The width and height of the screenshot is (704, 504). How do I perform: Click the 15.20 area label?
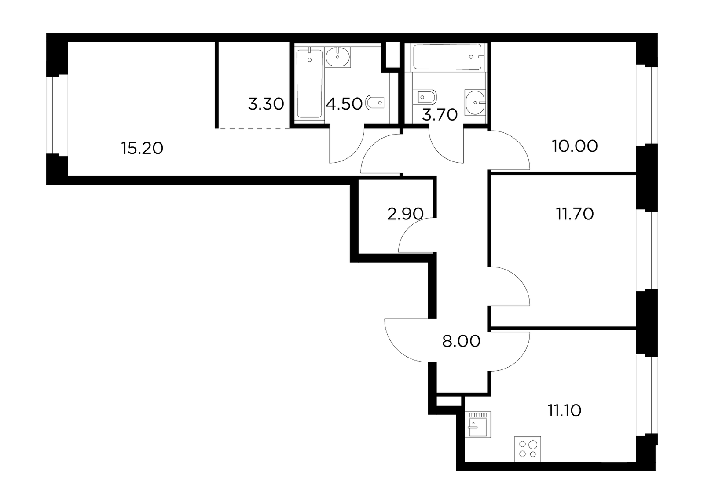click(x=143, y=148)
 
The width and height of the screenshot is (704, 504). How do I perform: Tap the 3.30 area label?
click(x=266, y=104)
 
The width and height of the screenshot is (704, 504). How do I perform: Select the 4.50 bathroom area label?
click(x=344, y=104)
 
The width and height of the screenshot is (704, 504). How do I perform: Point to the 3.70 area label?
click(x=440, y=115)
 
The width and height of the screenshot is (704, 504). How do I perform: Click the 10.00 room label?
click(x=575, y=146)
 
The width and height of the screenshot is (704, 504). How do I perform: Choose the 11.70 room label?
click(x=575, y=214)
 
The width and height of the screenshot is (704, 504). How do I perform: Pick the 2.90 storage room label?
click(x=405, y=214)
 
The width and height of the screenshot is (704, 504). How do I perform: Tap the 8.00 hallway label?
click(x=461, y=341)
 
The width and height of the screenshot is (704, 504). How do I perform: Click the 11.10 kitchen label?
click(x=565, y=410)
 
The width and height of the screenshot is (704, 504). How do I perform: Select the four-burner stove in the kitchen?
click(x=528, y=449)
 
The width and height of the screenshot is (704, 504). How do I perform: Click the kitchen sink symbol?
click(x=478, y=424)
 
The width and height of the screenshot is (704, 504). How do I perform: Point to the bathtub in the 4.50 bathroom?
click(x=310, y=84)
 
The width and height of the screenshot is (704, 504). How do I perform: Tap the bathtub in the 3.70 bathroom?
click(x=447, y=57)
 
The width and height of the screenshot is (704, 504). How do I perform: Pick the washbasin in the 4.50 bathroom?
click(x=338, y=57)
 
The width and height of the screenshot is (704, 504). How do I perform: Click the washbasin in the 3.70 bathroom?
click(x=475, y=102)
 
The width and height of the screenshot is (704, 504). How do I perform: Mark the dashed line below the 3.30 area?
click(x=254, y=128)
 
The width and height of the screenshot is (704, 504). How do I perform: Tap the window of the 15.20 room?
click(x=57, y=115)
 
